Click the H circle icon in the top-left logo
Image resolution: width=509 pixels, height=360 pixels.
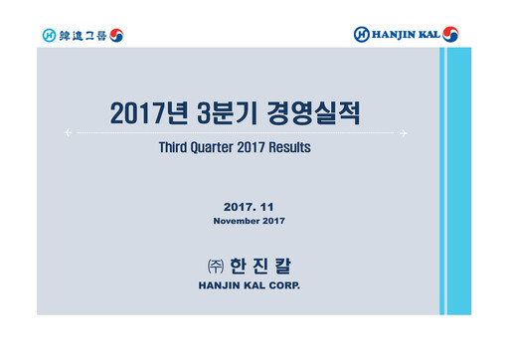pyautogui.click(x=50, y=36)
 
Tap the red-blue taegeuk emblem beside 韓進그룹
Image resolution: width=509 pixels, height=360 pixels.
pyautogui.click(x=116, y=36)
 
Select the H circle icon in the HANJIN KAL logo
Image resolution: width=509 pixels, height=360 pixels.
pyautogui.click(x=362, y=35)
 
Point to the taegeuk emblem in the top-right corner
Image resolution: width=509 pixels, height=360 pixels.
pyautogui.click(x=452, y=35)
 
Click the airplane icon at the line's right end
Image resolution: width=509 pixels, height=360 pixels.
pyautogui.click(x=406, y=132)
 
